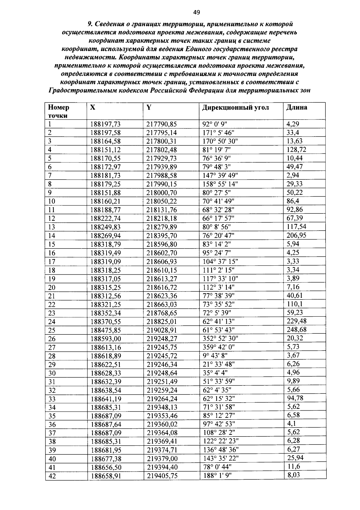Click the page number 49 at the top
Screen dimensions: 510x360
click(x=196, y=12)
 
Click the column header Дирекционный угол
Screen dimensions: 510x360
click(x=235, y=107)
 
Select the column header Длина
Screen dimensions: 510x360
click(x=297, y=107)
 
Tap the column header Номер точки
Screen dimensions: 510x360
click(x=58, y=111)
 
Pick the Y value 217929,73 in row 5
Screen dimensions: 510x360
click(x=161, y=158)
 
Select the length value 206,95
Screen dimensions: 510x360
click(x=296, y=235)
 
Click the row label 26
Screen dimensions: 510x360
click(x=52, y=339)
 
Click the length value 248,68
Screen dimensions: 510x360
click(x=296, y=330)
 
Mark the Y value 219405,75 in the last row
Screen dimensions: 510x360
click(x=162, y=476)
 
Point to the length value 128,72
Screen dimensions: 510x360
click(x=296, y=149)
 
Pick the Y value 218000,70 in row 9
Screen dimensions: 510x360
click(x=161, y=192)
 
